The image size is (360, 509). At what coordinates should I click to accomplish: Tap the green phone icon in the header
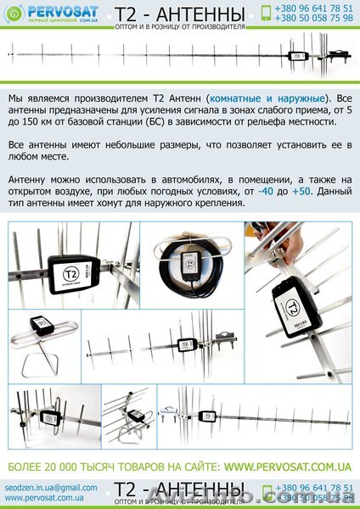tap(267, 13)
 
